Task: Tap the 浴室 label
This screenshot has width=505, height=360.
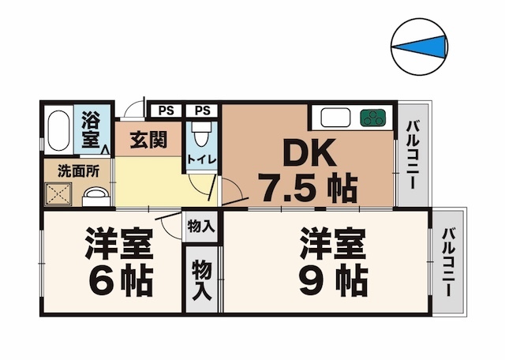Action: point(92,130)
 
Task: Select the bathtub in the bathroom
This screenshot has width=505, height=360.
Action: point(57,130)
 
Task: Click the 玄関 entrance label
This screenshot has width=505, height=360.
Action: point(148,140)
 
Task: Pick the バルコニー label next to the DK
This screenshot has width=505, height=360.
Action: point(413,152)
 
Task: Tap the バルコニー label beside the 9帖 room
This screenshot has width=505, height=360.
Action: point(448,261)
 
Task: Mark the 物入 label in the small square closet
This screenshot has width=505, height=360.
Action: point(200,227)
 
